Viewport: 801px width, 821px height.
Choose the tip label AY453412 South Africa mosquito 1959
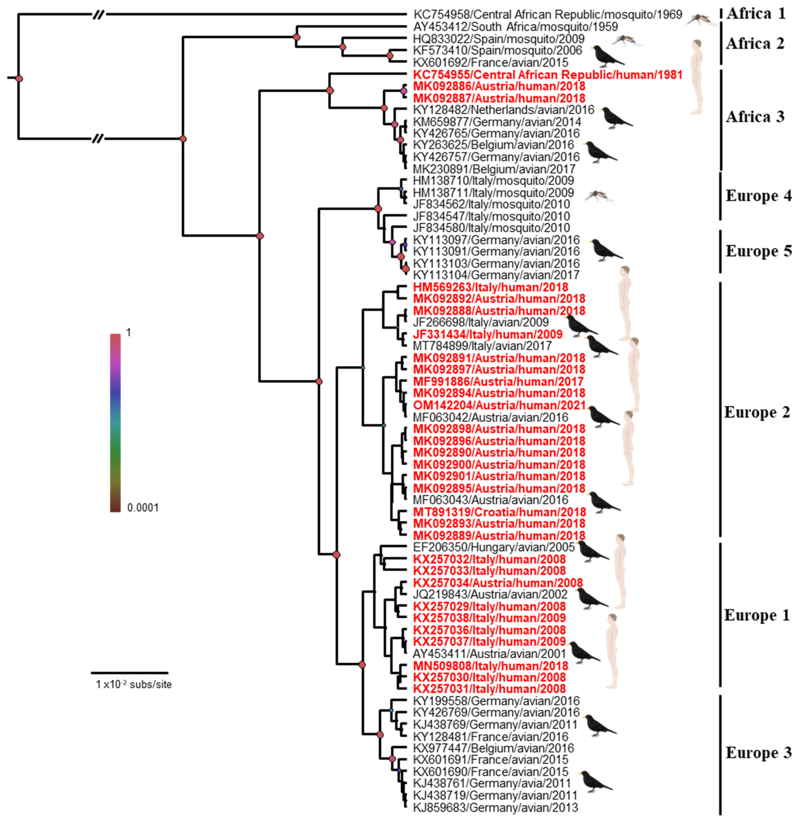(x=515, y=27)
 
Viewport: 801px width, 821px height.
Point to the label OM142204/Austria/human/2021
(x=499, y=405)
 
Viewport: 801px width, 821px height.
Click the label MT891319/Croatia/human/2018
(x=499, y=512)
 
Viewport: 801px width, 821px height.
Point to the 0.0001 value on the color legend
(x=143, y=508)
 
